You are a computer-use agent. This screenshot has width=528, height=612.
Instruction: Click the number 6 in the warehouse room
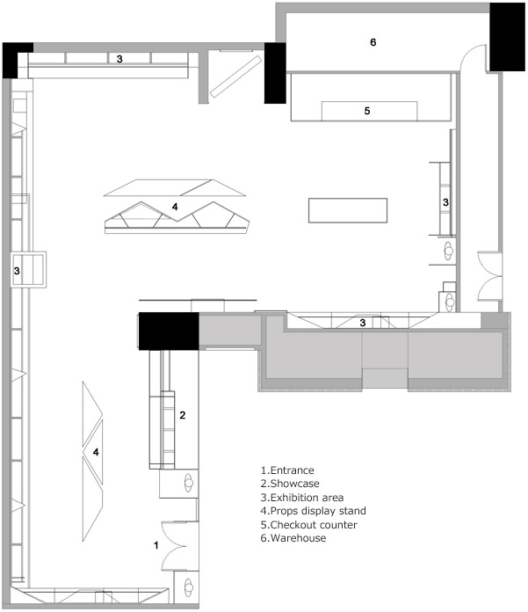pyautogui.click(x=372, y=42)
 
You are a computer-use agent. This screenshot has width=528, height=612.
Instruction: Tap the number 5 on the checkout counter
pyautogui.click(x=367, y=111)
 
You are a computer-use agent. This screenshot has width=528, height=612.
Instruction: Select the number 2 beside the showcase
pyautogui.click(x=183, y=415)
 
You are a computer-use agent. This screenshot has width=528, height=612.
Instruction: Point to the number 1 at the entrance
pyautogui.click(x=156, y=545)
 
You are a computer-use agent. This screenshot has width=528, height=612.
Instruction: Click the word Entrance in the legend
pyautogui.click(x=292, y=470)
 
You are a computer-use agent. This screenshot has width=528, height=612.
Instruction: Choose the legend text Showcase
pyautogui.click(x=295, y=484)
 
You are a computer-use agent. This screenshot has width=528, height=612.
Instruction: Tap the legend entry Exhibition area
pyautogui.click(x=307, y=498)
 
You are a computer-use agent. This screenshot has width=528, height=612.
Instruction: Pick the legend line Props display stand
pyautogui.click(x=318, y=511)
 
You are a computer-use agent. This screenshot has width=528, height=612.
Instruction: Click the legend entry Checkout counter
pyautogui.click(x=314, y=525)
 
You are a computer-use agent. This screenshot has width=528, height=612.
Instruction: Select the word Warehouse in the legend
pyautogui.click(x=298, y=538)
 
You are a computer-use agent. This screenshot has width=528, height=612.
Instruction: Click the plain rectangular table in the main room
pyautogui.click(x=348, y=210)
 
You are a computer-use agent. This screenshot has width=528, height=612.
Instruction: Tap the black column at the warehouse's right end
pyautogui.click(x=507, y=37)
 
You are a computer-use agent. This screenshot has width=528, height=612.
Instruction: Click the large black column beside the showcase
pyautogui.click(x=169, y=331)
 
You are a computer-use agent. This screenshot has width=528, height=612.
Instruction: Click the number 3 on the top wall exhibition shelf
pyautogui.click(x=119, y=59)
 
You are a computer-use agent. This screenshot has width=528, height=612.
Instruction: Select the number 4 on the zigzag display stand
pyautogui.click(x=175, y=207)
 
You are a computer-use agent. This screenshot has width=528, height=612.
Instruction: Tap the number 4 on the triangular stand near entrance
pyautogui.click(x=96, y=452)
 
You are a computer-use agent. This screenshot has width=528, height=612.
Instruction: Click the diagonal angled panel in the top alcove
pyautogui.click(x=235, y=76)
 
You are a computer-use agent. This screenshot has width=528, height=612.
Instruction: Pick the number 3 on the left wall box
pyautogui.click(x=17, y=271)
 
